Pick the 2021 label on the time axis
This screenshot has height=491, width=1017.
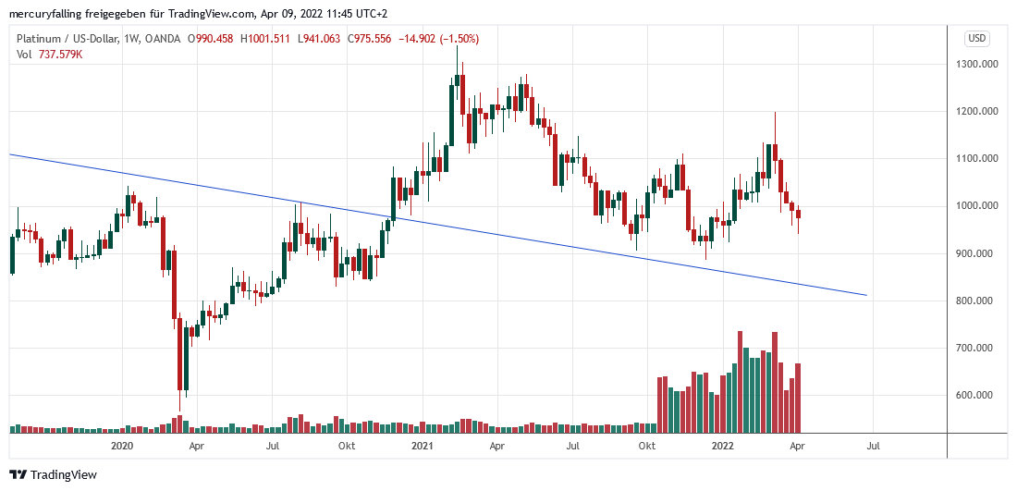coord(423,446)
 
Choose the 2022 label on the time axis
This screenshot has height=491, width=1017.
coord(723,446)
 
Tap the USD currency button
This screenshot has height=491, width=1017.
coord(977,38)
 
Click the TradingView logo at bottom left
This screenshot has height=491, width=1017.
coord(53,474)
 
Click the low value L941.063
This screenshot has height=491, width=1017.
coord(315,39)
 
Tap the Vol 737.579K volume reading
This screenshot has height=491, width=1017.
coord(50,55)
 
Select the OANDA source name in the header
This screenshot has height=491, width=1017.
coord(164,39)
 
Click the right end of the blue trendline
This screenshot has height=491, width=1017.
coord(866,295)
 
